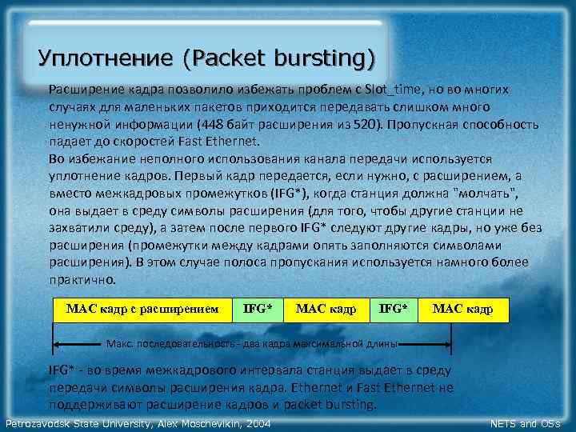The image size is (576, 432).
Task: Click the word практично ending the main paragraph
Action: pos(82,280)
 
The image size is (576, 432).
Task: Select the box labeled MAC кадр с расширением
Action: pos(142,309)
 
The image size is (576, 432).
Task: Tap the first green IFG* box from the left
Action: pos(258,309)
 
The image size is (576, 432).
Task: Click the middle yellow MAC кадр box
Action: pos(326,309)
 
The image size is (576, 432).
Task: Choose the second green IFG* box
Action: pos(394,309)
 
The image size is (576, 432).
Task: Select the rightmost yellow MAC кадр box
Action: pos(463,309)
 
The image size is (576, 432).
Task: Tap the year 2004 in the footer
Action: pos(255,423)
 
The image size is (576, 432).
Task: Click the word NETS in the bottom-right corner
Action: pos(503,423)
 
